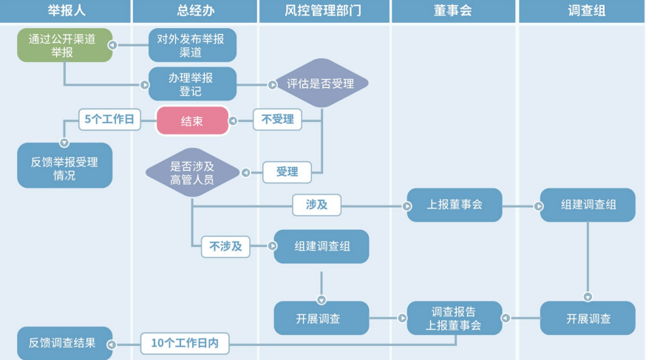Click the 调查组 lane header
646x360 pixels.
click(581, 11)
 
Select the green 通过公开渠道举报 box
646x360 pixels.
click(64, 45)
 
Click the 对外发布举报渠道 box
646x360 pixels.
click(192, 45)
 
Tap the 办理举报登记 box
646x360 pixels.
click(192, 84)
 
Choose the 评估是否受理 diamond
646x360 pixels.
click(321, 84)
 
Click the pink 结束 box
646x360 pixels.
click(192, 120)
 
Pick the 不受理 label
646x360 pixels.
click(277, 120)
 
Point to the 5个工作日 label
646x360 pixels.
click(109, 120)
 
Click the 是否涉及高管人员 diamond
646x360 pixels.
click(192, 171)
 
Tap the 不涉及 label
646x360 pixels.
click(226, 246)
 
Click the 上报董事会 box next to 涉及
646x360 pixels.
click(454, 205)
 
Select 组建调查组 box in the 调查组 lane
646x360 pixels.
click(588, 205)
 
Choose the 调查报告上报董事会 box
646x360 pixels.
click(454, 318)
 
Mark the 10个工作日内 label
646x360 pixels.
click(185, 342)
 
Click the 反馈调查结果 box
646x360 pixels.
click(64, 343)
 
